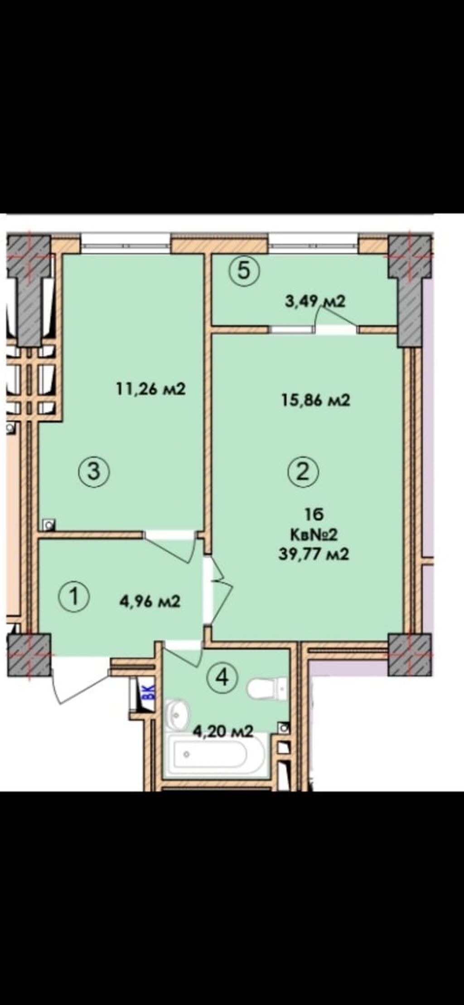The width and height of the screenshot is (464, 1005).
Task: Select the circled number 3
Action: (x=93, y=471)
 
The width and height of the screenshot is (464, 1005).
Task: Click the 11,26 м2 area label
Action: (x=150, y=389)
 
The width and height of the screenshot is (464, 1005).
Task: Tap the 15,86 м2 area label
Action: (x=315, y=400)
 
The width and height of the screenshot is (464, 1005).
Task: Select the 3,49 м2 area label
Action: (x=315, y=301)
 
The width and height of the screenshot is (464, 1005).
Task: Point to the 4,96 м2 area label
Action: (x=150, y=601)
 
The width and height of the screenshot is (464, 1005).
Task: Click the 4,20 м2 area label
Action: (x=223, y=731)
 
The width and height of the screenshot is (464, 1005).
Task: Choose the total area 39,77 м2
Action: (x=314, y=554)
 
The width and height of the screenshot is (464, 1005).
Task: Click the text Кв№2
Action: (x=314, y=535)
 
